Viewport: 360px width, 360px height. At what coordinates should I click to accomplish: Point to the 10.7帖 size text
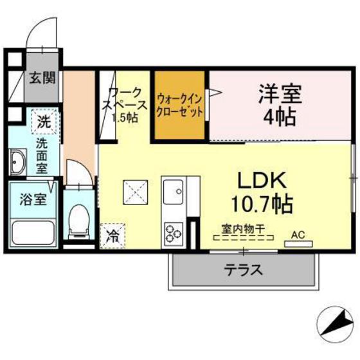tap(262, 204)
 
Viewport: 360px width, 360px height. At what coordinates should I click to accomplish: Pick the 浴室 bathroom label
tap(32, 199)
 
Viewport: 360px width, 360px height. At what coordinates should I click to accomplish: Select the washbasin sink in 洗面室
tap(17, 161)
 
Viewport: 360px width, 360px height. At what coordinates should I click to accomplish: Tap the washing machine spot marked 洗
tap(43, 120)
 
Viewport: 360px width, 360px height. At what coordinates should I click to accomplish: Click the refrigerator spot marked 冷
tap(112, 236)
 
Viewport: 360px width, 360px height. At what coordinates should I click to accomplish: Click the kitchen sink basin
tap(173, 191)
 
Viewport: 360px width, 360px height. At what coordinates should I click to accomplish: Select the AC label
tap(298, 235)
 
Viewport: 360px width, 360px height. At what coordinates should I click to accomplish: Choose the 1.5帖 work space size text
tap(123, 118)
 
